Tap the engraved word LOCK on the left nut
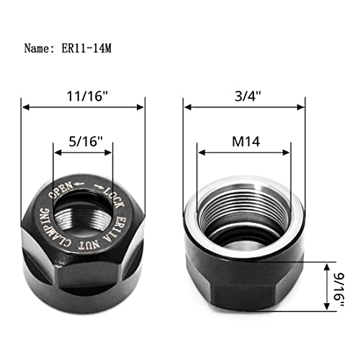click(x=114, y=194)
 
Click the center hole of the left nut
click(x=83, y=212)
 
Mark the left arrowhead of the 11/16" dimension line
click(x=26, y=107)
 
